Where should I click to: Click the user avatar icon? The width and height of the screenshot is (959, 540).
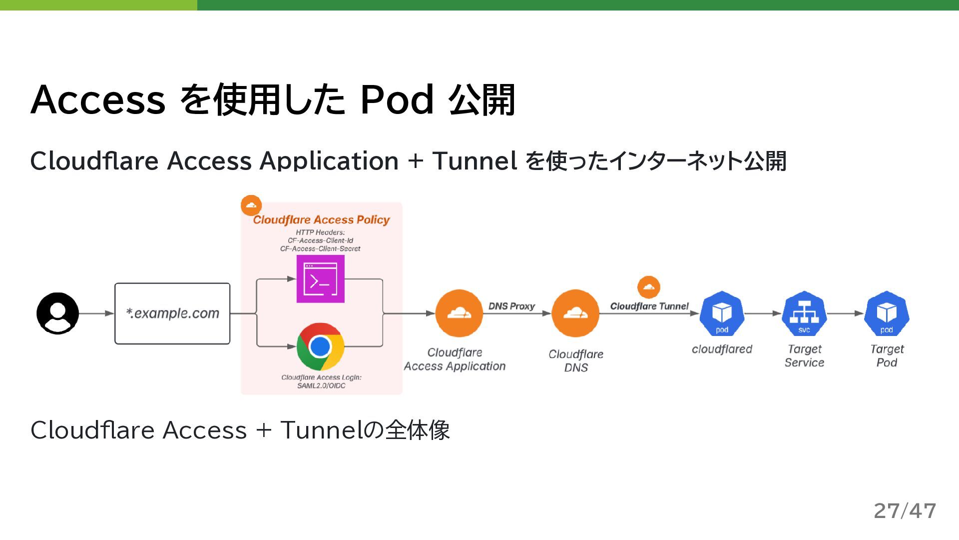(x=57, y=313)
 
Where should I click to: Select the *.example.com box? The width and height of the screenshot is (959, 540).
(x=172, y=313)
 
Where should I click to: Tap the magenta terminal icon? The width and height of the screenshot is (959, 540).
(x=320, y=279)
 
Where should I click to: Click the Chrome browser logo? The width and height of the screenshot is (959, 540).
(x=320, y=346)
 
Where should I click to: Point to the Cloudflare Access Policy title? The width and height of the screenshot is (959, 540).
(x=321, y=220)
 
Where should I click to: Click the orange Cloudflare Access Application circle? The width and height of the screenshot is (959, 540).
(x=459, y=313)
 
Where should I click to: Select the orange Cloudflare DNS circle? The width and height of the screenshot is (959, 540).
(x=575, y=313)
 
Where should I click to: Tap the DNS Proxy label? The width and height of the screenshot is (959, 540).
(x=511, y=306)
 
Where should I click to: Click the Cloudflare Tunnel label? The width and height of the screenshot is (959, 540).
(x=649, y=306)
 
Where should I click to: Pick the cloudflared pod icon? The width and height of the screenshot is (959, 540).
(x=722, y=313)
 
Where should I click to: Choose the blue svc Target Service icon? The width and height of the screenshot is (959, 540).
(x=804, y=313)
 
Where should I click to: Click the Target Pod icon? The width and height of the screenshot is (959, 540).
(x=887, y=313)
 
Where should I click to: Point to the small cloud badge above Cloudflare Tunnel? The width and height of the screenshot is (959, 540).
(x=649, y=287)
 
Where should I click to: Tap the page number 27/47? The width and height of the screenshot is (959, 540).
(x=905, y=510)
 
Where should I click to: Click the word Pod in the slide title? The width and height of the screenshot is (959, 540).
(x=397, y=100)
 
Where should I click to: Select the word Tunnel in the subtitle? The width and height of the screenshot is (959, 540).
(x=475, y=161)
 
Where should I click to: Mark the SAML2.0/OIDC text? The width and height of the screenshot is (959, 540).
(x=321, y=385)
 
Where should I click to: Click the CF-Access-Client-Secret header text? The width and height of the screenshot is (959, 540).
(x=320, y=248)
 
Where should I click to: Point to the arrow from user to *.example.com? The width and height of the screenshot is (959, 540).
(x=96, y=313)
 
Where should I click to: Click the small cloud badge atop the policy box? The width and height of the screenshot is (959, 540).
(x=251, y=205)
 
